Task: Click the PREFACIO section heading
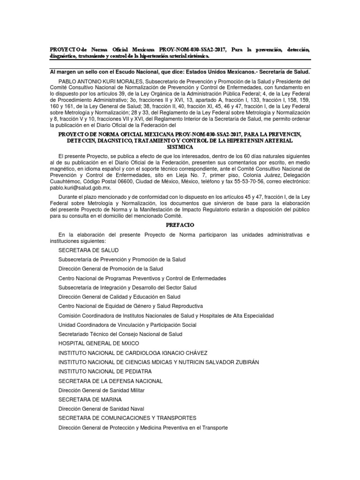pyautogui.click(x=180, y=225)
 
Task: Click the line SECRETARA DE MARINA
pyautogui.click(x=90, y=399)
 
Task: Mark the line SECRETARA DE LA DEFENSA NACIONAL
pyautogui.click(x=110, y=381)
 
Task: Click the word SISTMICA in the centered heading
pyautogui.click(x=180, y=147)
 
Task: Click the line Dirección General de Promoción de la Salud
pyautogui.click(x=110, y=269)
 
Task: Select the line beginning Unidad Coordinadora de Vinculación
pyautogui.click(x=127, y=325)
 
